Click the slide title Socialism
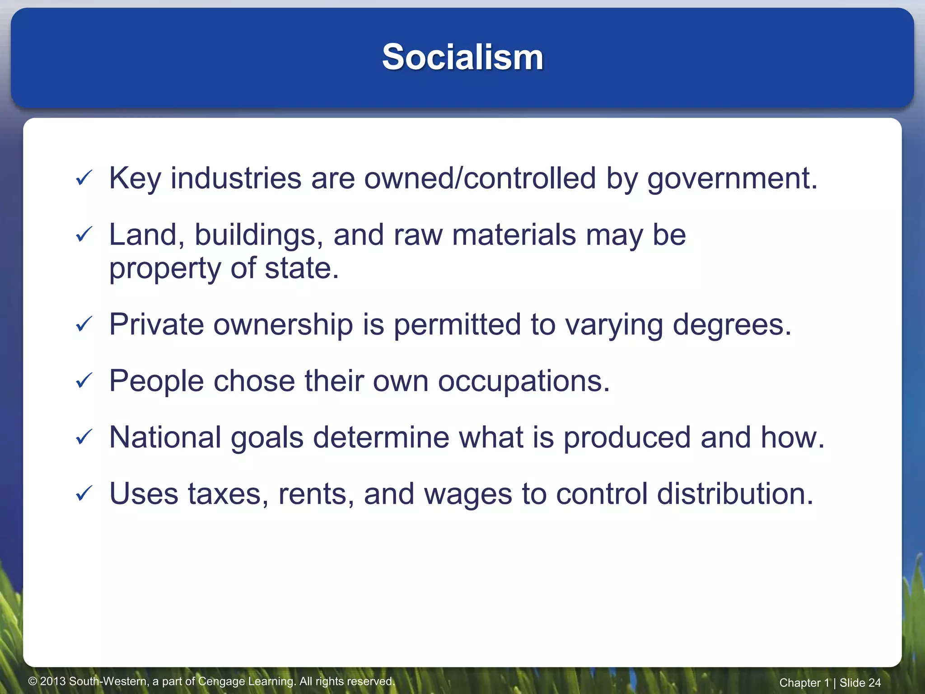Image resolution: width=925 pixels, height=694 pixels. coord(462,57)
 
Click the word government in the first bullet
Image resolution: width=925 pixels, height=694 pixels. coord(732,179)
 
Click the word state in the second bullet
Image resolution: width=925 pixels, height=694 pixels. coord(301,268)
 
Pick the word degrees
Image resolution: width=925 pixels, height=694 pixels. coord(732,325)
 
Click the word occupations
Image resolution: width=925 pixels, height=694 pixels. coord(523,382)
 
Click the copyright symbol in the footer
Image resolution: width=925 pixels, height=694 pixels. coord(33,681)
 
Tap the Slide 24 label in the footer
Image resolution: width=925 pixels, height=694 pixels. coord(860,683)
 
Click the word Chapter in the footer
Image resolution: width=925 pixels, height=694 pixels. coord(799,683)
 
